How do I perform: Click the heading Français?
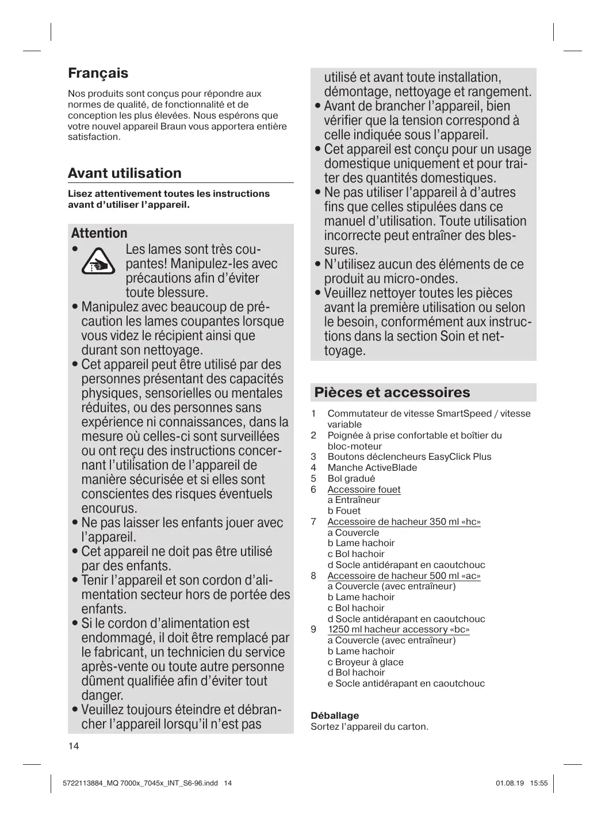click(x=98, y=73)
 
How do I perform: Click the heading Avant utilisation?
click(x=124, y=173)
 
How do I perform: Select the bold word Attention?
click(x=99, y=233)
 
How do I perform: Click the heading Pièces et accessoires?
click(x=392, y=392)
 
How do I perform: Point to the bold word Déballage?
click(x=335, y=715)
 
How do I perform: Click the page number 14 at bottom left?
click(x=74, y=746)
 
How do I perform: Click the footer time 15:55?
click(x=539, y=783)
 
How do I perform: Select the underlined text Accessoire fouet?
click(x=363, y=489)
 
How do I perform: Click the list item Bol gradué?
click(x=351, y=478)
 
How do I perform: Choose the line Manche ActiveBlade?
click(x=372, y=467)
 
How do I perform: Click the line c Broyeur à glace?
click(x=365, y=662)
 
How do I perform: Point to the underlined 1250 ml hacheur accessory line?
click(x=399, y=629)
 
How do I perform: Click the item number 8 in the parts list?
click(x=313, y=575)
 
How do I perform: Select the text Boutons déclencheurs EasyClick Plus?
click(x=409, y=456)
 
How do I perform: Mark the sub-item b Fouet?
click(x=344, y=510)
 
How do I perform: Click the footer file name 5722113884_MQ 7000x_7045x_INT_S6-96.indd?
click(x=139, y=783)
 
